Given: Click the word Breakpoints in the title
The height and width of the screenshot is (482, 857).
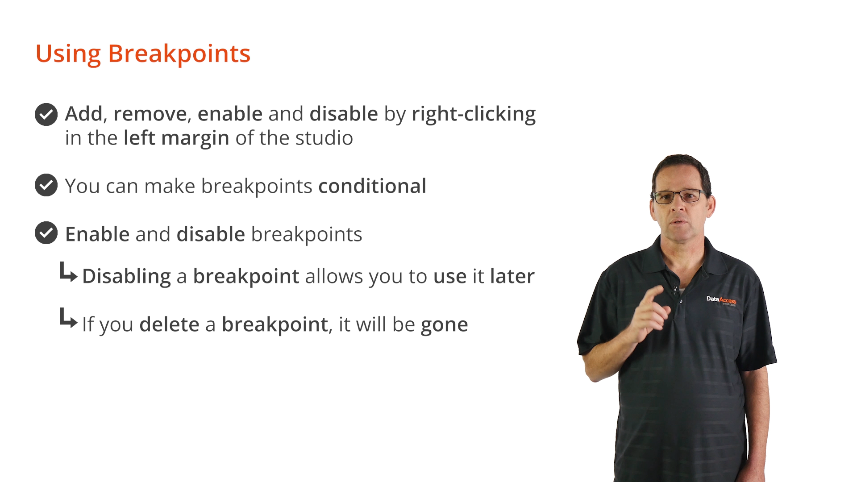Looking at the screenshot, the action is [x=179, y=54].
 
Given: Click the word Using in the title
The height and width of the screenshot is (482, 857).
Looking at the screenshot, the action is [x=68, y=54].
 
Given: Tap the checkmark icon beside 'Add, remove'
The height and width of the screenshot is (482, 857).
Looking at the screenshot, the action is [x=46, y=114].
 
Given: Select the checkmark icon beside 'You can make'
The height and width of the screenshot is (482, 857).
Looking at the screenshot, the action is [x=46, y=185].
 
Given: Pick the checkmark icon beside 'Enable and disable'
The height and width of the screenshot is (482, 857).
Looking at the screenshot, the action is [x=46, y=233].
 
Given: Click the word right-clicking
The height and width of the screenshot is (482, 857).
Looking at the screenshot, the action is [x=474, y=114].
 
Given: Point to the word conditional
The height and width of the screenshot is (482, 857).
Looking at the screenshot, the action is [x=372, y=186].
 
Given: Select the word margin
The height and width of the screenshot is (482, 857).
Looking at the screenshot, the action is [x=195, y=139].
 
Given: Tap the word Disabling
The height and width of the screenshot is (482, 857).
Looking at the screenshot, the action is [x=126, y=277].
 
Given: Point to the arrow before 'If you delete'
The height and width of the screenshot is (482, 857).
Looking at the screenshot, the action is [x=68, y=319].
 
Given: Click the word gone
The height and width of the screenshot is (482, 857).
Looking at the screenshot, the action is [x=445, y=325].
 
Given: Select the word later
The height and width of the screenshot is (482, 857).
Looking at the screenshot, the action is [x=512, y=276].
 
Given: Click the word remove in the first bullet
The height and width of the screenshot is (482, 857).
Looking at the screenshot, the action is [x=150, y=114].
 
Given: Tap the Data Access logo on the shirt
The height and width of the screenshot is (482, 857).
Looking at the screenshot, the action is [x=721, y=300].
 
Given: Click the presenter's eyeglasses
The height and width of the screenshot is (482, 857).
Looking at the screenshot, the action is [x=680, y=196].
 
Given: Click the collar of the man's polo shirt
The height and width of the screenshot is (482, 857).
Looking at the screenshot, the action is [x=683, y=254].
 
